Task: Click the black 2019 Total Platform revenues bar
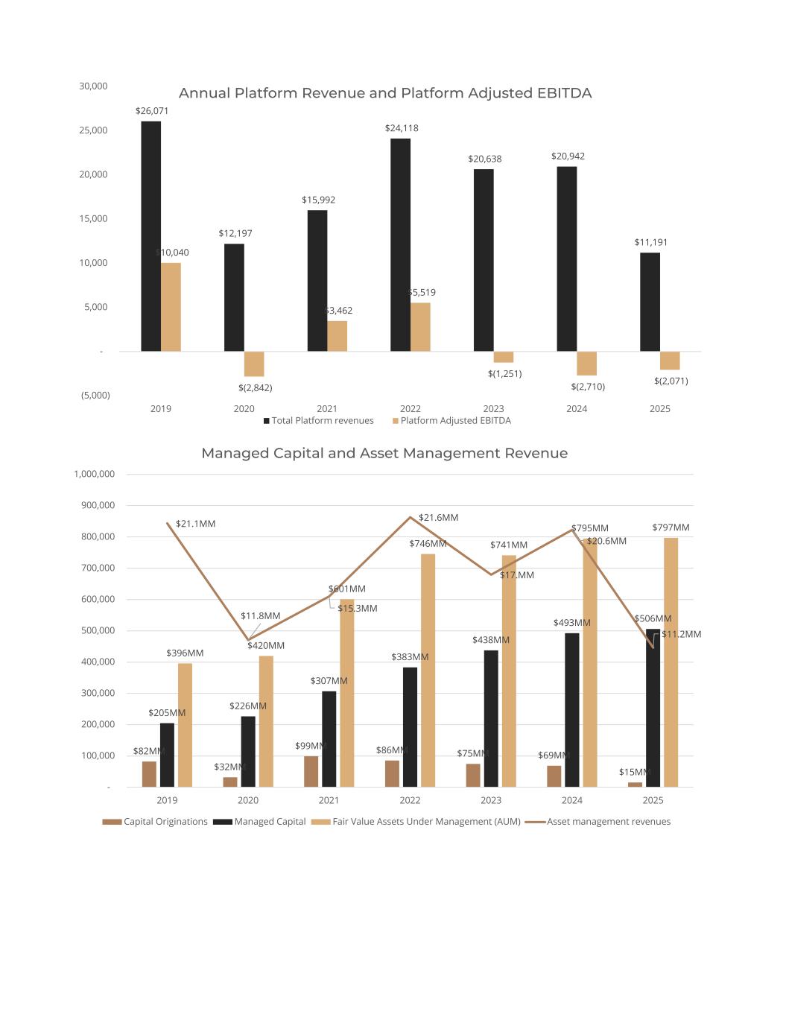coord(150,236)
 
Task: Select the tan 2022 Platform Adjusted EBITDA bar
coord(420,327)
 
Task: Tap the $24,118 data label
coord(402,128)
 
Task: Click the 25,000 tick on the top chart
coord(94,130)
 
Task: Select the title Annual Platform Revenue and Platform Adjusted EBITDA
coord(385,93)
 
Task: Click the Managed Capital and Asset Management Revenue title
coord(384,453)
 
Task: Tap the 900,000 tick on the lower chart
coord(95,505)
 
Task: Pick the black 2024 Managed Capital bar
coord(571,709)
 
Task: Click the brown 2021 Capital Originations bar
coord(311,771)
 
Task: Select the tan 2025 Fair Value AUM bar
coord(671,662)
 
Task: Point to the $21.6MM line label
coord(438,518)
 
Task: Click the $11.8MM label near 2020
coord(260,616)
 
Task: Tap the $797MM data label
coord(671,527)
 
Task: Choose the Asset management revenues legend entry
coord(608,822)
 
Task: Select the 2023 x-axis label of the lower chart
coord(491,800)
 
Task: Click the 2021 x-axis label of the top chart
coord(327,409)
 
